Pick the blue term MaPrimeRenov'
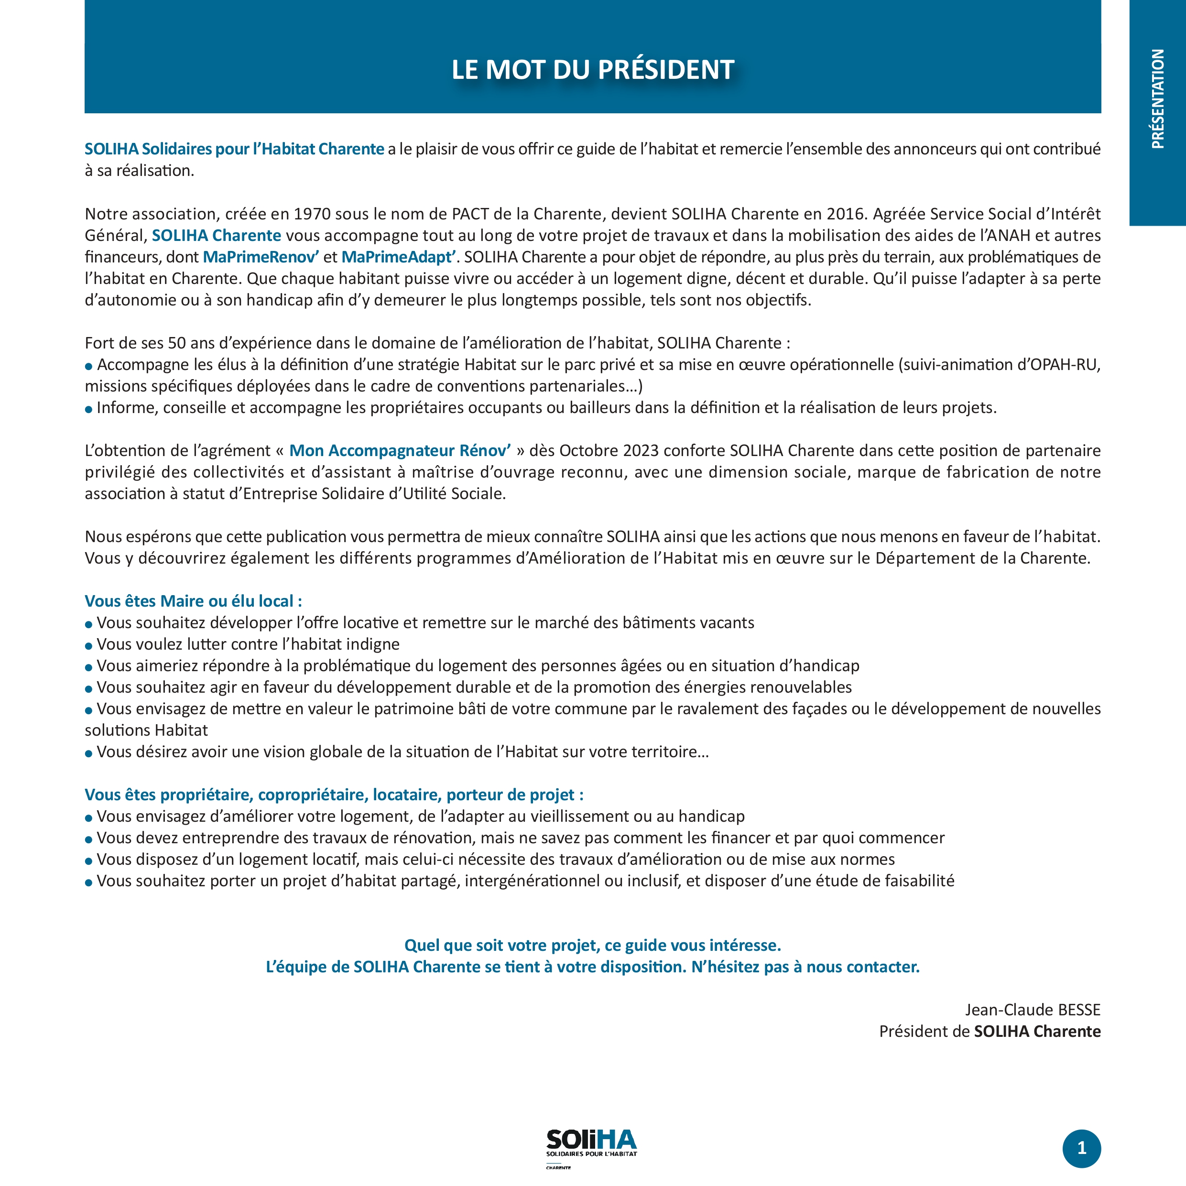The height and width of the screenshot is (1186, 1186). pyautogui.click(x=261, y=257)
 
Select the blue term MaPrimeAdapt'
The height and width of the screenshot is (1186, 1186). pyautogui.click(x=398, y=257)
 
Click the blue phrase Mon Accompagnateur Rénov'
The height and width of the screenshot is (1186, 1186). pyautogui.click(x=400, y=451)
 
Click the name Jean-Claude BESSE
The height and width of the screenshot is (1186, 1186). pyautogui.click(x=1033, y=1010)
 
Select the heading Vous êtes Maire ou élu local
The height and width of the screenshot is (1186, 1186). pyautogui.click(x=193, y=601)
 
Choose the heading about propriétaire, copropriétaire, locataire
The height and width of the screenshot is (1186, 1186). pyautogui.click(x=334, y=795)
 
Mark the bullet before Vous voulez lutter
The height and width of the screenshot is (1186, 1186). pyautogui.click(x=89, y=646)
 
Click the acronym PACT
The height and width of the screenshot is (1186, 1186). pyautogui.click(x=470, y=214)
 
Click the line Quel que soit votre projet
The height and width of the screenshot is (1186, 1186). pyautogui.click(x=592, y=946)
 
